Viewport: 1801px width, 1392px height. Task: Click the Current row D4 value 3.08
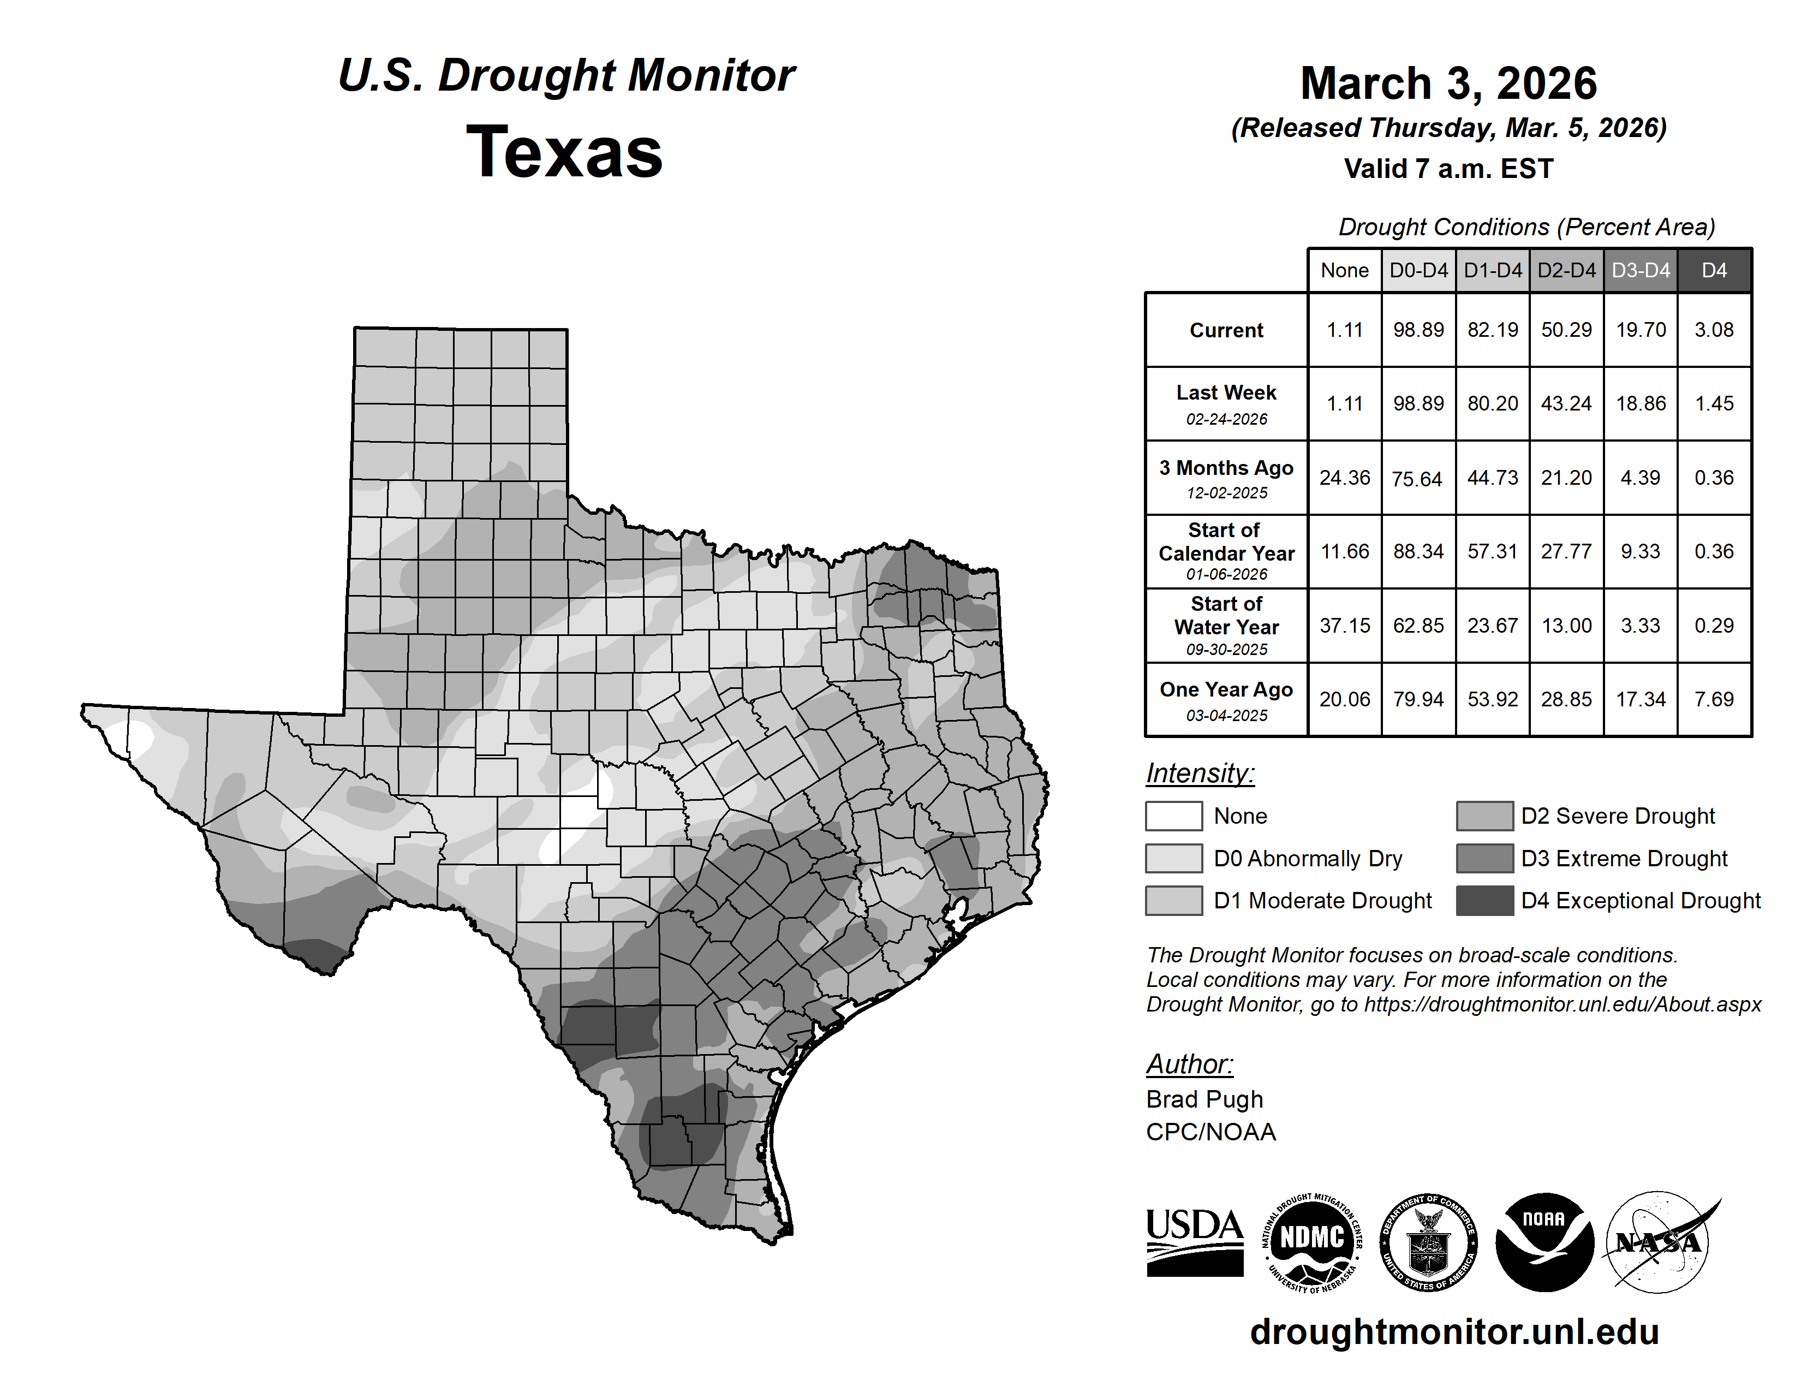1714,330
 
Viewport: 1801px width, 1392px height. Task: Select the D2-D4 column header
1566,270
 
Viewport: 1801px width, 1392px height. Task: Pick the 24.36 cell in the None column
1344,478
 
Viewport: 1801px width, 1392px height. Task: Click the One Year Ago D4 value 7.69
1714,699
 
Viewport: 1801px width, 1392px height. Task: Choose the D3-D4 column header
1640,270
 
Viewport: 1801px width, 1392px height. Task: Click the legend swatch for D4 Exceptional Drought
1484,901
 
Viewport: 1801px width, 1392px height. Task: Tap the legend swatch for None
1173,816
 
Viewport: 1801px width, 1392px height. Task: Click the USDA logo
1194,1242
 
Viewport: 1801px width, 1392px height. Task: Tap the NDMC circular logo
1312,1242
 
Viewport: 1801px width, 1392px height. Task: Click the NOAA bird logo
1544,1241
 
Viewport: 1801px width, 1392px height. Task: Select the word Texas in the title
564,152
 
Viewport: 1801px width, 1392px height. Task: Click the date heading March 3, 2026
1448,84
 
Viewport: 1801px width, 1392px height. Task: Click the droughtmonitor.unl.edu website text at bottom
1454,1332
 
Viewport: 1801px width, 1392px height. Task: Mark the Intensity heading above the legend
1200,774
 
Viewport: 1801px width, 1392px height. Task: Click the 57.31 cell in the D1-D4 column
1492,551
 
